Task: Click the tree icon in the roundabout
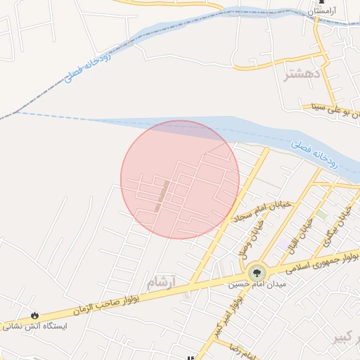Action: [x=257, y=272]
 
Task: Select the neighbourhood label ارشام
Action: [x=160, y=283]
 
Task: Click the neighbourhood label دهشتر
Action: [x=302, y=74]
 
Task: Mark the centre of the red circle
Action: [x=180, y=179]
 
